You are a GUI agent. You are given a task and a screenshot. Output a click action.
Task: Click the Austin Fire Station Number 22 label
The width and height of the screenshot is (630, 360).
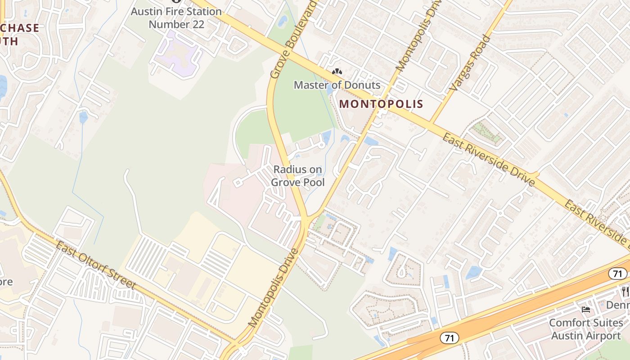(176, 18)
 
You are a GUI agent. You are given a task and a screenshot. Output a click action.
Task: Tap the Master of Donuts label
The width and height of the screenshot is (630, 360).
(337, 85)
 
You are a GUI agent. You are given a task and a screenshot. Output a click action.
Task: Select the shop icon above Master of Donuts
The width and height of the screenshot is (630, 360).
(337, 72)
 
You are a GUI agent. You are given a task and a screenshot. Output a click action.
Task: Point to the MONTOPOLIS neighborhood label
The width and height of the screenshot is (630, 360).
(381, 104)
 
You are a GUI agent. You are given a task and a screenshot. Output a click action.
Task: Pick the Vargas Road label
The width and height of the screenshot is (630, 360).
(469, 63)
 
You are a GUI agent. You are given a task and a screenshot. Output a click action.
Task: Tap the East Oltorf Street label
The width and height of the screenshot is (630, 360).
(95, 265)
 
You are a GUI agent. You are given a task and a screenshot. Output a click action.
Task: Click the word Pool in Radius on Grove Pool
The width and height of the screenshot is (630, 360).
(313, 183)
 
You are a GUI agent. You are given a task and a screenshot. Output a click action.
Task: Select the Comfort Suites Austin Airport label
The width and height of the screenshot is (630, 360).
(586, 329)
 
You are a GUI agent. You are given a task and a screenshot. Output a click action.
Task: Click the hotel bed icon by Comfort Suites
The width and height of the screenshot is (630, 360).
(585, 310)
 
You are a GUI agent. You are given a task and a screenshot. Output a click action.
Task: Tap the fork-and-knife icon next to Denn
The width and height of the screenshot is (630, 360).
(625, 291)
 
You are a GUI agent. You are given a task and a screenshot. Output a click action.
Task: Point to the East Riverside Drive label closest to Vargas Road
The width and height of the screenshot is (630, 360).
(488, 160)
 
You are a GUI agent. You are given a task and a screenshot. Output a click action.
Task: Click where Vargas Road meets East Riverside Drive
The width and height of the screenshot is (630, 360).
(431, 123)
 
